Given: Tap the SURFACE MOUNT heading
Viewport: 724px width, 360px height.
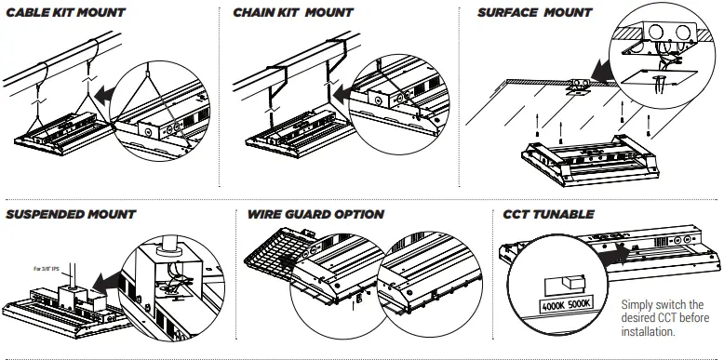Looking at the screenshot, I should click(x=534, y=14).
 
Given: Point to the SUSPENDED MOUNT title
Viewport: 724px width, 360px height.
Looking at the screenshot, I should click(x=71, y=215).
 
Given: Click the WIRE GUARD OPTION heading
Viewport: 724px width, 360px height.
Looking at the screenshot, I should click(x=316, y=215).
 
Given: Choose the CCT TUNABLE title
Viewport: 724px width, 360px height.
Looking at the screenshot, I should click(x=548, y=215).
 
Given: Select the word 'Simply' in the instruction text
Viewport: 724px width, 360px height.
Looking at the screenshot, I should click(x=639, y=304).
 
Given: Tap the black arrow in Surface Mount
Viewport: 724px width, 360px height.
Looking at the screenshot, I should click(x=604, y=70).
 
